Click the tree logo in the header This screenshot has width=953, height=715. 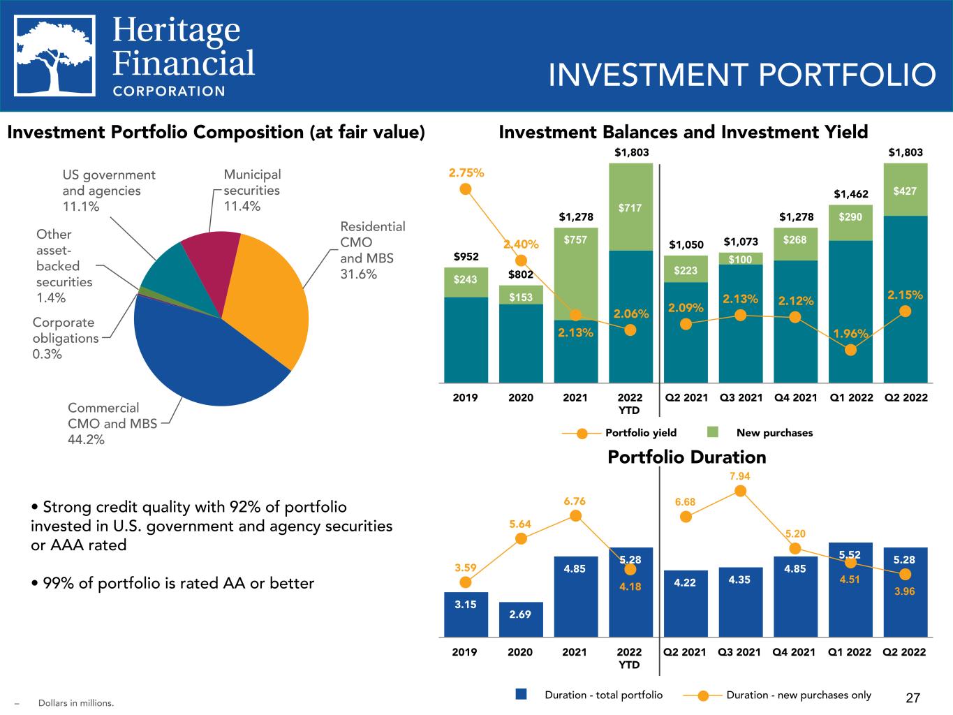click(56, 56)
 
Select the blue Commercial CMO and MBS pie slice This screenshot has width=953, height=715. click(202, 356)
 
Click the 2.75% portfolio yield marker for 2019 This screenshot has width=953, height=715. click(466, 189)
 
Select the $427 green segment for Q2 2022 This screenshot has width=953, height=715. click(905, 190)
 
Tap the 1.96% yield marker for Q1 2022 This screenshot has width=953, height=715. click(850, 350)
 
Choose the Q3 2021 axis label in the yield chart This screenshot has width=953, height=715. click(740, 398)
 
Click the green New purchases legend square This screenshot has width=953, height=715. click(713, 432)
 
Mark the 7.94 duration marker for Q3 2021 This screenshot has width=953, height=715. click(741, 491)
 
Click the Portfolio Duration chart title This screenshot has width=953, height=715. click(686, 457)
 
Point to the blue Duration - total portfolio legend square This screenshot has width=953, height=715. click(520, 695)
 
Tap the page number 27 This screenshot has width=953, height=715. click(913, 698)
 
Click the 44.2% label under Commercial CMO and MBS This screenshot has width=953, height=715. click(86, 440)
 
